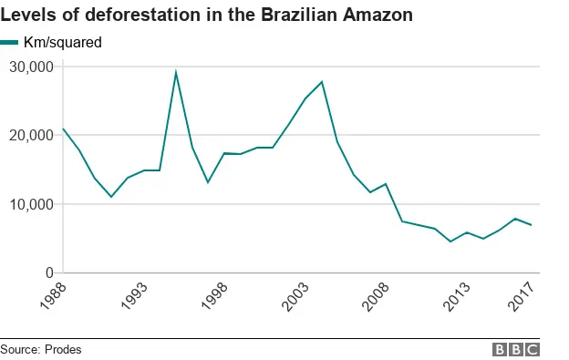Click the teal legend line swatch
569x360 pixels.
point(10,42)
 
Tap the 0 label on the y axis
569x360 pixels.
point(47,273)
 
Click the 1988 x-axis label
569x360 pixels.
point(52,298)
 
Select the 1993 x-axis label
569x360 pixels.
point(133,298)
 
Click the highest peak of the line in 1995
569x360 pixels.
point(176,72)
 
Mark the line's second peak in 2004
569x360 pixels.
point(322,82)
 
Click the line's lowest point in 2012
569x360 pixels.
point(450,242)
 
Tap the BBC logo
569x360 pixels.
point(516,349)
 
